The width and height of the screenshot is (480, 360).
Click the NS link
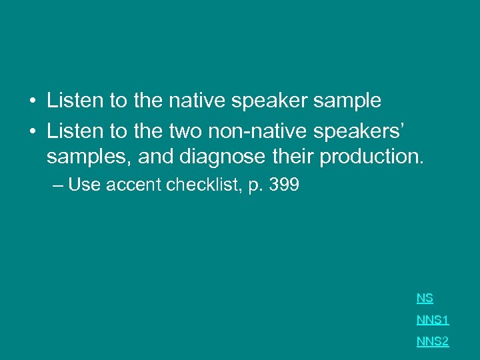point(425,299)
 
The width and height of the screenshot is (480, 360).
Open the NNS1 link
point(433,320)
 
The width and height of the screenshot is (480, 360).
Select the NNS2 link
point(433,341)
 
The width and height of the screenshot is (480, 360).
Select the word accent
point(133,185)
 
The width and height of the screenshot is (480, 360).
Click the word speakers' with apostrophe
point(375,130)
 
